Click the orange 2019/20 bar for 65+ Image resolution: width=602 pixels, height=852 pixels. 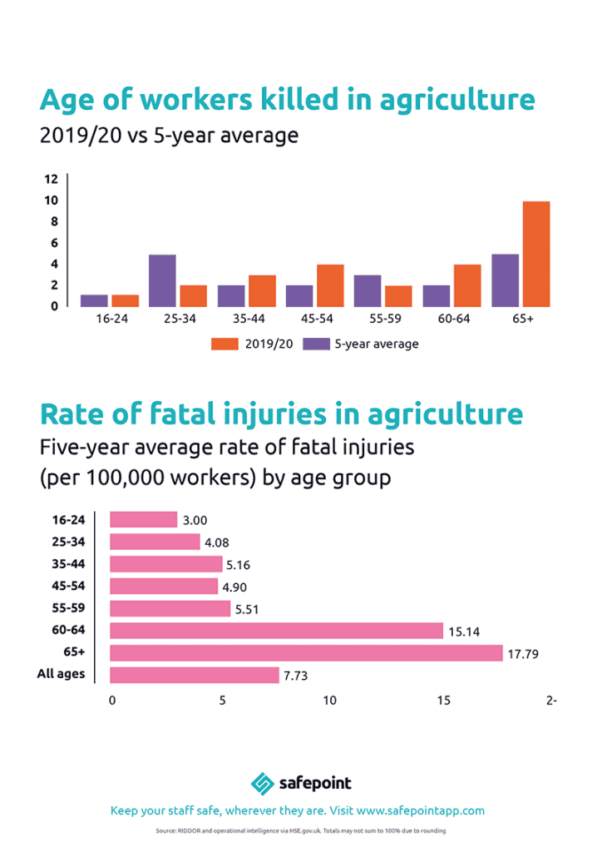(536, 254)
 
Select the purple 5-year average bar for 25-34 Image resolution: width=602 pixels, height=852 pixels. (162, 280)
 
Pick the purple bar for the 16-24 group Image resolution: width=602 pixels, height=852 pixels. (94, 300)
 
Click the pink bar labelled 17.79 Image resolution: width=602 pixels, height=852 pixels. (306, 652)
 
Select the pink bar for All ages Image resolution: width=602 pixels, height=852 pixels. (194, 675)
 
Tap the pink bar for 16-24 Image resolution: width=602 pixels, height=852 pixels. (143, 519)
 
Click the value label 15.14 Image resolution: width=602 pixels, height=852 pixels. (463, 632)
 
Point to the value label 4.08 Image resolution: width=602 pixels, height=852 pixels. (220, 542)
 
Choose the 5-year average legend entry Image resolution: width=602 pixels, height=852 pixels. (360, 344)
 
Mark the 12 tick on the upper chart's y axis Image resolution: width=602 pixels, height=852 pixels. (51, 179)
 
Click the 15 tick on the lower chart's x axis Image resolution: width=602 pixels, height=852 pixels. (444, 701)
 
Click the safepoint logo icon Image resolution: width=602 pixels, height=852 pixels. (263, 783)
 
